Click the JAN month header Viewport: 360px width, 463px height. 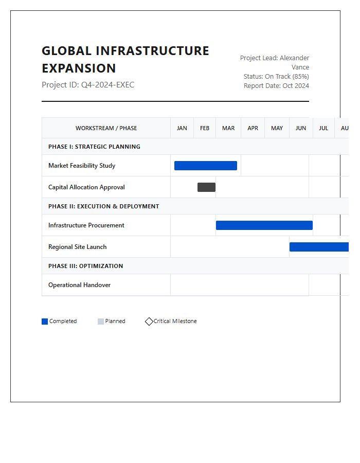click(182, 128)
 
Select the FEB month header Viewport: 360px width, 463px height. click(205, 128)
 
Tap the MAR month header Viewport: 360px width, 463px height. click(228, 128)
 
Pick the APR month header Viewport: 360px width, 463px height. click(253, 128)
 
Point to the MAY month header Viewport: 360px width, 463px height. click(277, 128)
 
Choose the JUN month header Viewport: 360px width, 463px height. click(301, 128)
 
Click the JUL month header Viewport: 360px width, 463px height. click(323, 128)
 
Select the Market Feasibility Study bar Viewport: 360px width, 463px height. click(206, 166)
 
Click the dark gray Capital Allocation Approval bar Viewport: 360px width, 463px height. click(206, 187)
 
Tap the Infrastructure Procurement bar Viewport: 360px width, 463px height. click(264, 225)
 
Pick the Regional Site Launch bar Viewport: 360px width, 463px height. click(319, 247)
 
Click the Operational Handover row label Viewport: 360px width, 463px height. click(79, 285)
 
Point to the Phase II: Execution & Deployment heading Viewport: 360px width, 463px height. click(103, 206)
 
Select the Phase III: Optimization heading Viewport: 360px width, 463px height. click(85, 266)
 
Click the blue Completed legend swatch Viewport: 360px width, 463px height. click(45, 322)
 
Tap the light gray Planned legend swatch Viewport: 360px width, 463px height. click(101, 322)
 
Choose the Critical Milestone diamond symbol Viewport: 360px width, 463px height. click(149, 322)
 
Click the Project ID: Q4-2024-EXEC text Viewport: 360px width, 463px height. click(88, 85)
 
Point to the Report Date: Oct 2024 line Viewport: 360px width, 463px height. click(276, 86)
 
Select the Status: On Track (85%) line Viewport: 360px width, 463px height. click(276, 77)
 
